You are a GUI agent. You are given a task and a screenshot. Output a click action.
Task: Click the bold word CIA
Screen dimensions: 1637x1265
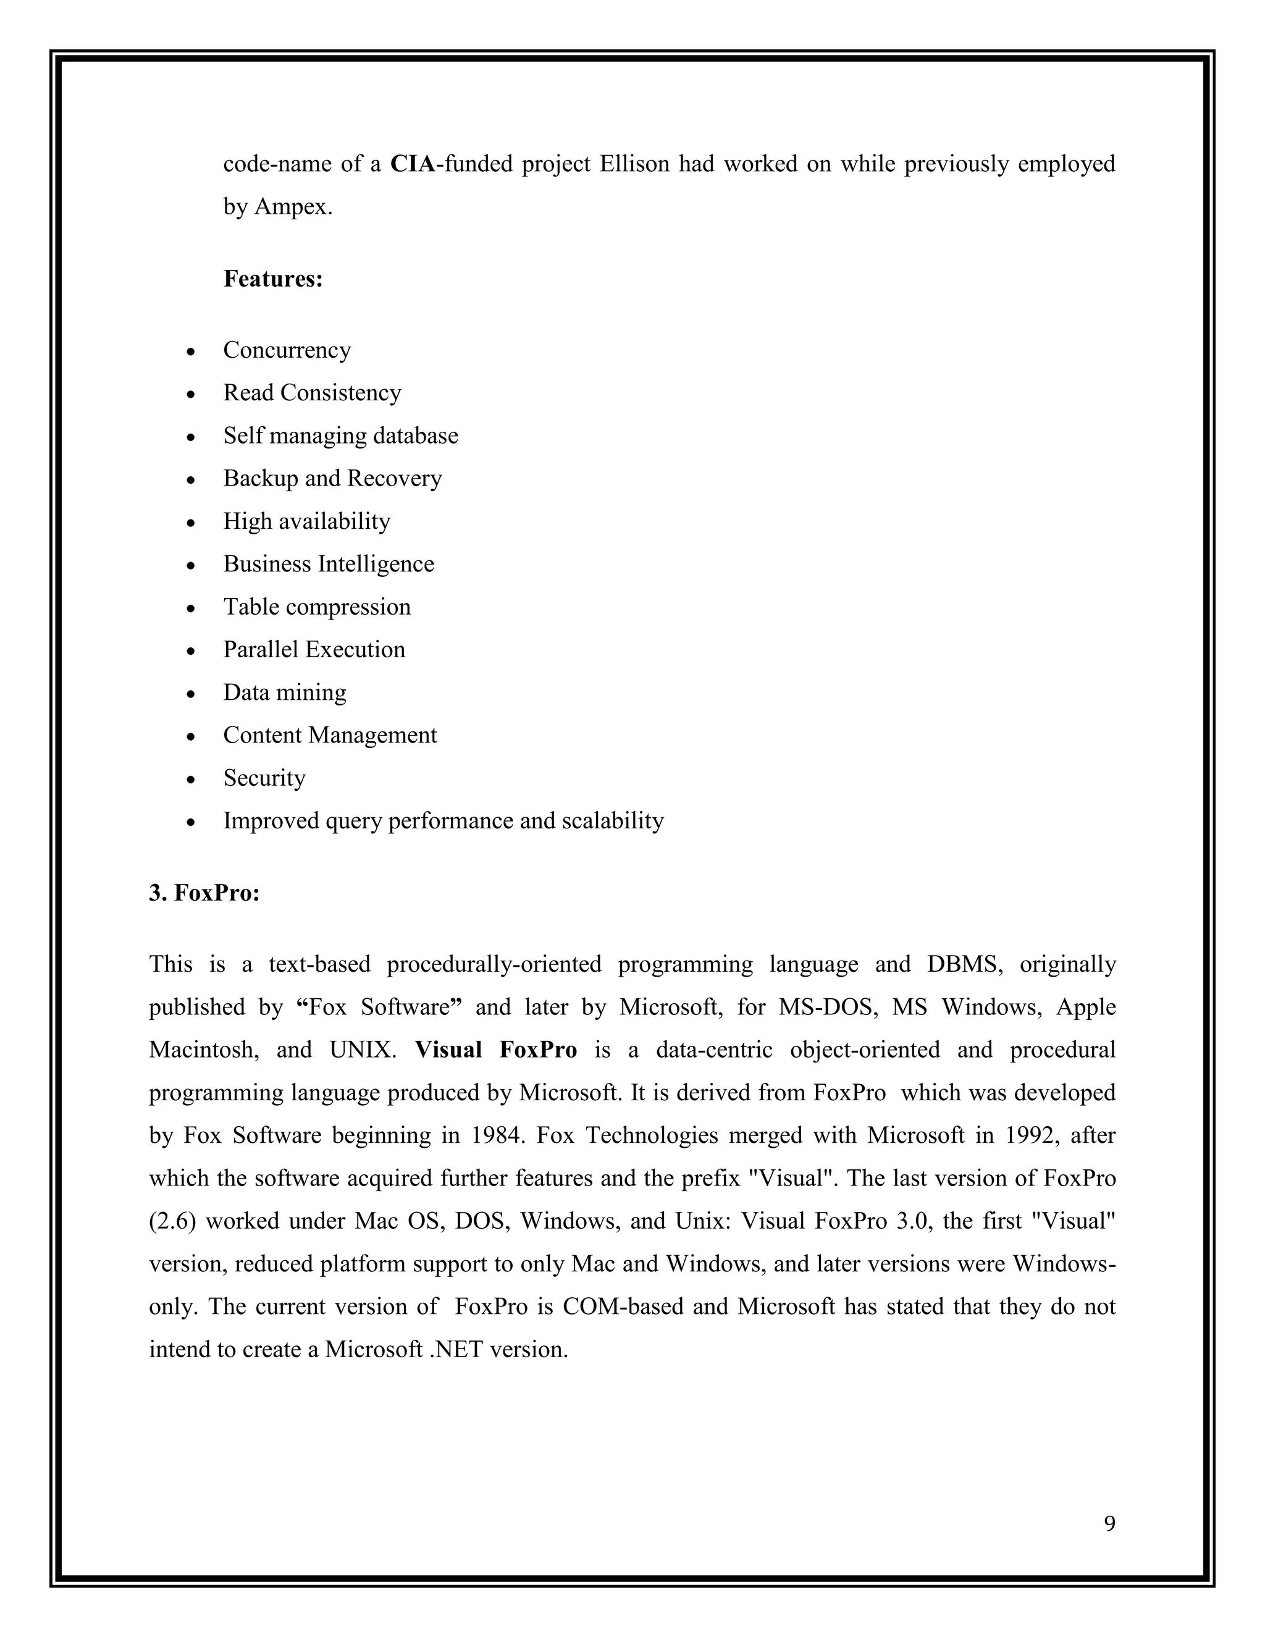tap(411, 164)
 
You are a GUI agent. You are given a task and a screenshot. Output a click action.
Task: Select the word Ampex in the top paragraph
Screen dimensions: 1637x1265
tap(292, 207)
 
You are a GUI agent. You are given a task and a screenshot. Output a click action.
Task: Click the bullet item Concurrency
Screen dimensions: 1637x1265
tap(287, 350)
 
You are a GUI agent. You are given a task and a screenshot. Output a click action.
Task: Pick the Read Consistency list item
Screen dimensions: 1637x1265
tap(312, 393)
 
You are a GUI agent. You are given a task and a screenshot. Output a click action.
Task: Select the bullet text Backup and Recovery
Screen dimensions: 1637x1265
tap(332, 478)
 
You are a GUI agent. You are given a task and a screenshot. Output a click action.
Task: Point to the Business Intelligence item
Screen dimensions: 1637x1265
tap(328, 563)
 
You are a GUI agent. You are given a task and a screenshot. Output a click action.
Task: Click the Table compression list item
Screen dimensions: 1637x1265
tap(317, 607)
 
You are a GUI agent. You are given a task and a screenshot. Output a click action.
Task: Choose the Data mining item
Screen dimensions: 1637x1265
tap(285, 692)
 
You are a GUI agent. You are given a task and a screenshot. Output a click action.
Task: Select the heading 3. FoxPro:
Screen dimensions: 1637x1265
tap(204, 893)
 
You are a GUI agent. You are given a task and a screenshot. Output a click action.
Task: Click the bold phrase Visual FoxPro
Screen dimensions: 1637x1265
tap(495, 1050)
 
